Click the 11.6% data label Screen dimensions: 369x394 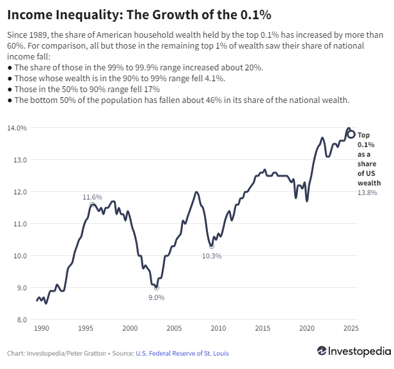click(92, 198)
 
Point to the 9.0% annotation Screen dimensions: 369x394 click(157, 297)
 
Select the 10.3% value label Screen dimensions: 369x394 click(212, 256)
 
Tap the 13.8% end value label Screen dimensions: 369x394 click(367, 192)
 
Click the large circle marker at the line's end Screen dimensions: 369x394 click(351, 134)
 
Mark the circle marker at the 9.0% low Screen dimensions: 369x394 click(157, 288)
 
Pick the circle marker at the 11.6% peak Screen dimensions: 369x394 click(93, 205)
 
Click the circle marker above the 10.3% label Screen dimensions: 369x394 click(212, 246)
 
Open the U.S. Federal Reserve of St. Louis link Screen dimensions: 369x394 click(182, 353)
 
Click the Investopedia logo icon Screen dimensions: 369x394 click(322, 351)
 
